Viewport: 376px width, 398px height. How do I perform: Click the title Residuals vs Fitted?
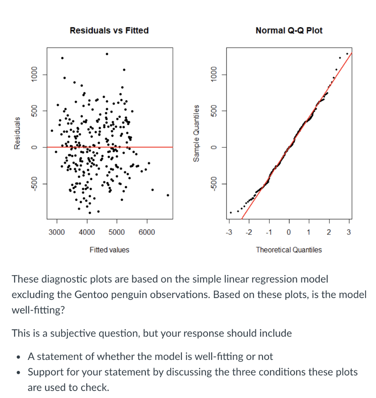[x=109, y=30]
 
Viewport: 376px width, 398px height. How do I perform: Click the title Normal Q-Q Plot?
[x=289, y=30]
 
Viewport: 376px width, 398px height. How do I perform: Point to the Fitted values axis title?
[x=109, y=250]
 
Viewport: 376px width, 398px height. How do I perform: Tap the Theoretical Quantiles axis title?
[x=289, y=250]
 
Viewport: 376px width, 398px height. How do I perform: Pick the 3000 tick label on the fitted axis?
[x=57, y=232]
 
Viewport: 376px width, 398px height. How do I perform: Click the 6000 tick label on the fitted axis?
[x=146, y=232]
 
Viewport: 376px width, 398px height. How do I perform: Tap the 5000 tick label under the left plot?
[x=116, y=232]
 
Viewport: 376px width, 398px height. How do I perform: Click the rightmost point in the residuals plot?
[x=168, y=195]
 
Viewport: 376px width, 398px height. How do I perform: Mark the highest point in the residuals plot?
[x=107, y=54]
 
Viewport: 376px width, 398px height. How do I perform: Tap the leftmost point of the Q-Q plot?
[x=231, y=213]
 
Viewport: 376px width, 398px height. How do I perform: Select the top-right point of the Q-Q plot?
[x=347, y=54]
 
